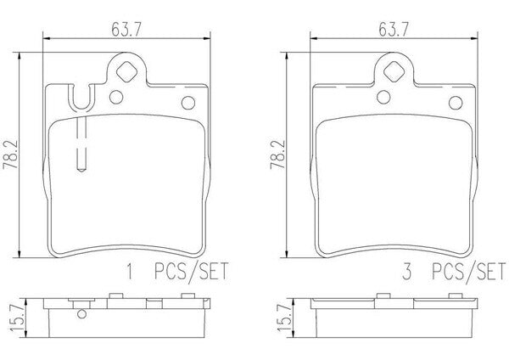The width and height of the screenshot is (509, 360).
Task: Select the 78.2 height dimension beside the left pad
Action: pyautogui.click(x=9, y=155)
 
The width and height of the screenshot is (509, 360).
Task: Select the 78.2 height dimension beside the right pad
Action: pyautogui.click(x=277, y=155)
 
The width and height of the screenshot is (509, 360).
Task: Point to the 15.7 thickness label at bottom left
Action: pyautogui.click(x=18, y=318)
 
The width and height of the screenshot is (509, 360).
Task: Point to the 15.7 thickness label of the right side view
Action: pyautogui.click(x=285, y=318)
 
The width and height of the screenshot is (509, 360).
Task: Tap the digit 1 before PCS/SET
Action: pyautogui.click(x=130, y=272)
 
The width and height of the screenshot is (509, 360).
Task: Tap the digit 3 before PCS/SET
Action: pyautogui.click(x=406, y=272)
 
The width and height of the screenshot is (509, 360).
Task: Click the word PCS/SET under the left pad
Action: pyautogui.click(x=192, y=273)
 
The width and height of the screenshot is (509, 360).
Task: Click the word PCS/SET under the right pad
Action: pyautogui.click(x=469, y=273)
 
